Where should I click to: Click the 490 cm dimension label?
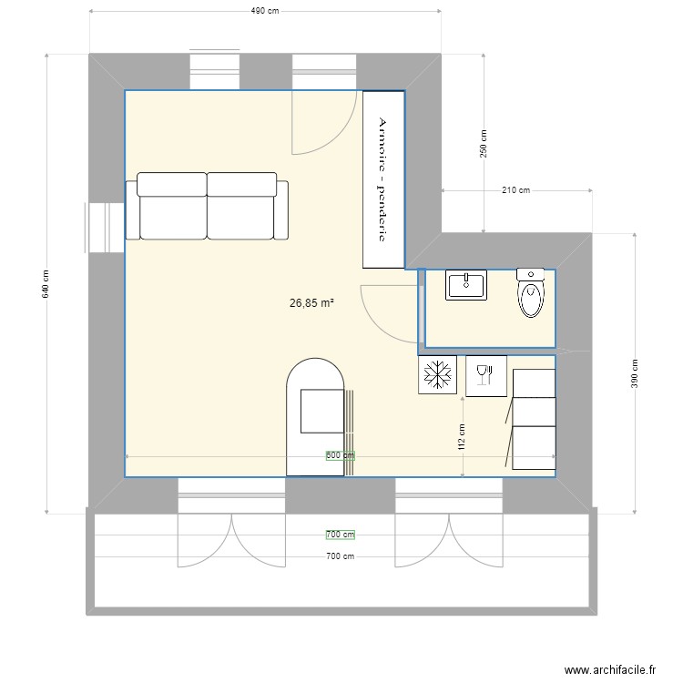tap(264, 11)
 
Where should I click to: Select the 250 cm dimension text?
tap(484, 143)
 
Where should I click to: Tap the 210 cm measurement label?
tap(515, 190)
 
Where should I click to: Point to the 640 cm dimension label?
tap(46, 285)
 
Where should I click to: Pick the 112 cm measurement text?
tap(463, 437)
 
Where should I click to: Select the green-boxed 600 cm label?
tap(341, 455)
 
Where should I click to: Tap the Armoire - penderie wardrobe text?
tap(383, 179)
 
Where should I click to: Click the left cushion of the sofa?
tap(172, 206)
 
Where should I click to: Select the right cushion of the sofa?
tap(241, 206)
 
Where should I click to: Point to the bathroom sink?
tap(466, 285)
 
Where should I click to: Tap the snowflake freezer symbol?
tap(437, 374)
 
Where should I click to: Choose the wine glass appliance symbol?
tap(484, 374)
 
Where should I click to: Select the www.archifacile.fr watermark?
tap(610, 669)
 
